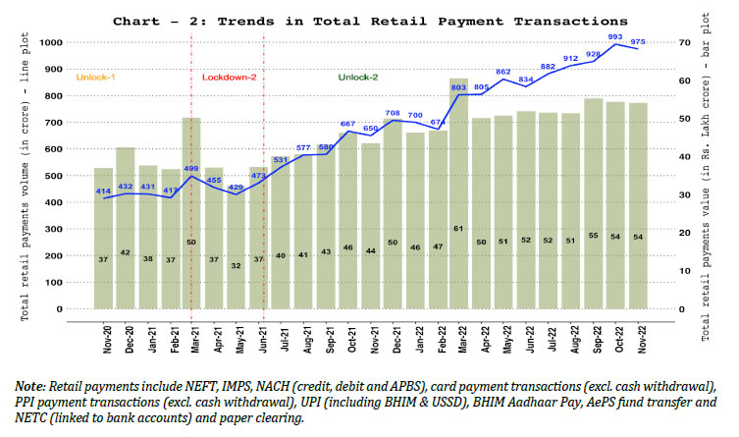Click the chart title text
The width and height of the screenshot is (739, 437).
pyautogui.click(x=369, y=19)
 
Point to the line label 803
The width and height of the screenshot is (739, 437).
pyautogui.click(x=458, y=88)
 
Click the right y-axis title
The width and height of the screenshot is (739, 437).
pyautogui.click(x=708, y=175)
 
